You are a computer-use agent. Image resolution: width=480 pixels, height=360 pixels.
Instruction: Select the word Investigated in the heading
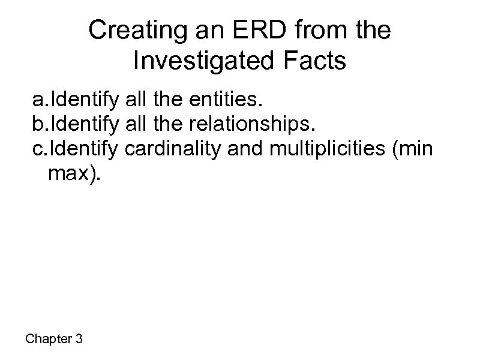pyautogui.click(x=199, y=61)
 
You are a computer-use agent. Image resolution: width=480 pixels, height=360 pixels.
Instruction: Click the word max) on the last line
pyautogui.click(x=71, y=173)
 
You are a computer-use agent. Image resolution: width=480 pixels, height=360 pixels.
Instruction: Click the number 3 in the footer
pyautogui.click(x=79, y=339)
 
